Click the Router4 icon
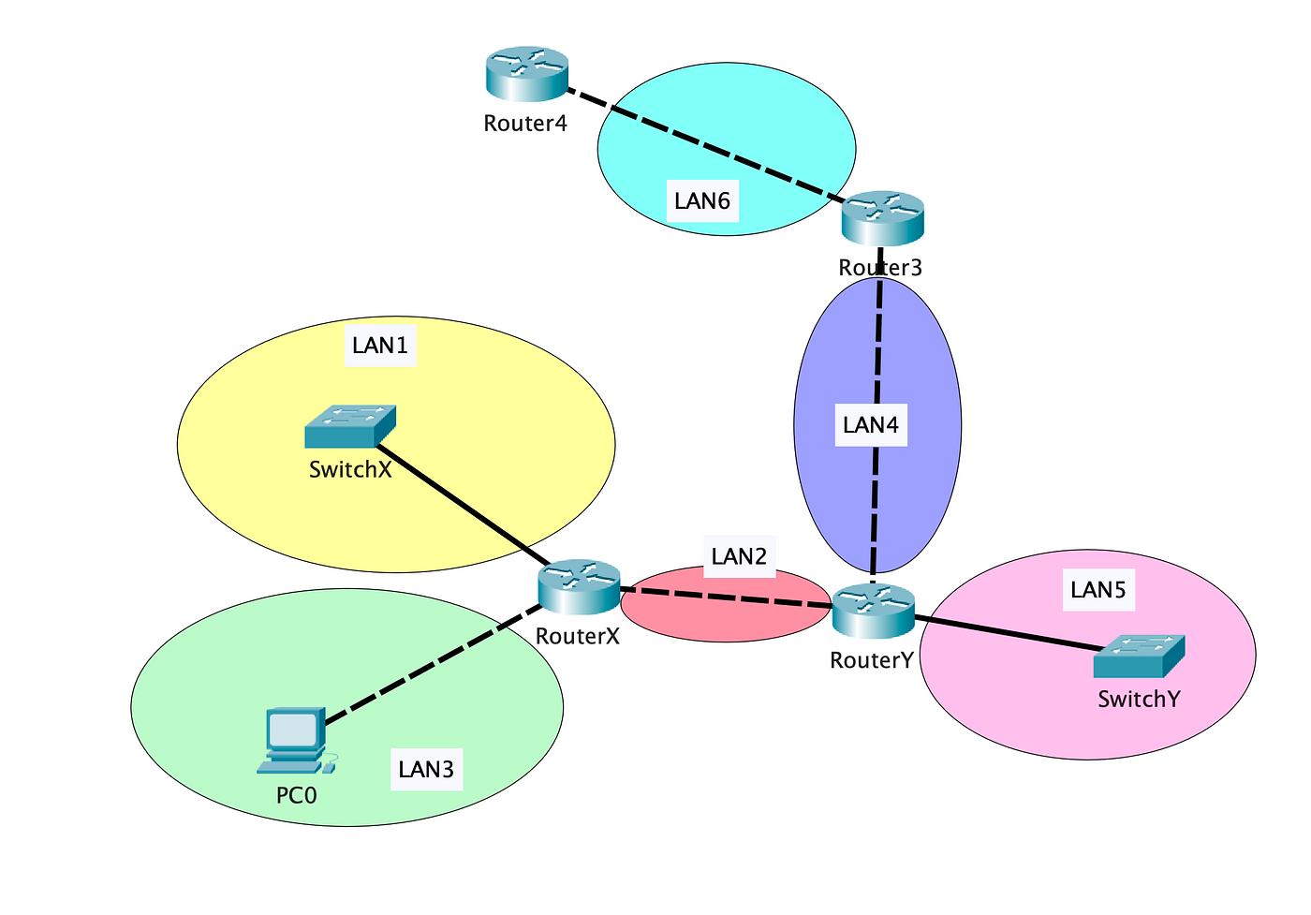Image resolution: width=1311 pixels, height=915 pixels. [527, 75]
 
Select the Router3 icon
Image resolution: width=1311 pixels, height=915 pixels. [882, 218]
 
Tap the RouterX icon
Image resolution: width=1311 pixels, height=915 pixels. [579, 586]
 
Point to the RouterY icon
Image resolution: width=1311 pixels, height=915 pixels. [873, 611]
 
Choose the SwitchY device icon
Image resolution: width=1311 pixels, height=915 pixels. [1139, 656]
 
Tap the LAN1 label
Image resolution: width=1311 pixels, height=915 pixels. [380, 346]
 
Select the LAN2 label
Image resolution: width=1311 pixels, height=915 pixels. [739, 556]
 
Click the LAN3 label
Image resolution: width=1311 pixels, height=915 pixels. [426, 769]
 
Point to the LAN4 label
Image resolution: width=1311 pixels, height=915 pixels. [871, 425]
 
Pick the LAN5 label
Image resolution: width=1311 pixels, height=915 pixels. [1097, 590]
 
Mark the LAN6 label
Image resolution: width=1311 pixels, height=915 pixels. [702, 200]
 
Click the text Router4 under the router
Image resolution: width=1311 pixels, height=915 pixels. [525, 123]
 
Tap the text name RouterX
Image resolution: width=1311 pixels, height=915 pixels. [578, 636]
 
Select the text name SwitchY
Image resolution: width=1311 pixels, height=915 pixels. [1139, 699]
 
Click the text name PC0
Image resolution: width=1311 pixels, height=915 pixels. [297, 796]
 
